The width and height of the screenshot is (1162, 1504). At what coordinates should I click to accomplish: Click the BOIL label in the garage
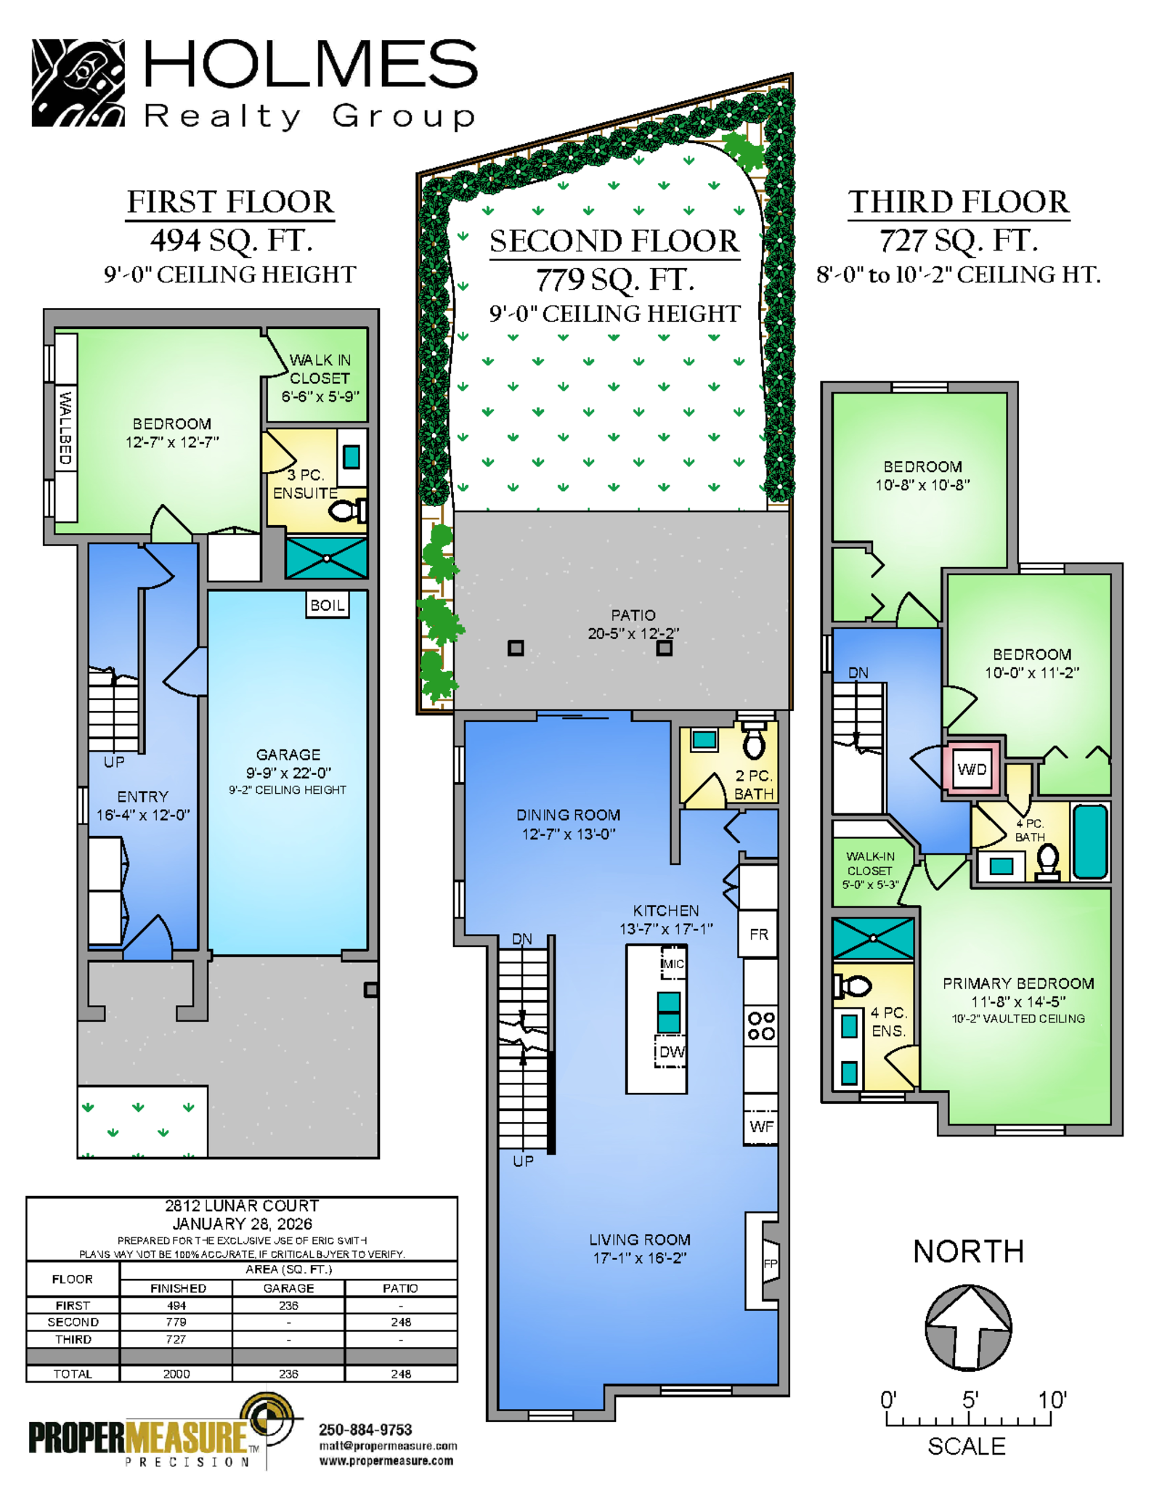[328, 605]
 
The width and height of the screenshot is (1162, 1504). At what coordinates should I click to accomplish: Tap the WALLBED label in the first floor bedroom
[65, 428]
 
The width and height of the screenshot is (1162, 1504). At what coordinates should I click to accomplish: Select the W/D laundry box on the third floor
[972, 769]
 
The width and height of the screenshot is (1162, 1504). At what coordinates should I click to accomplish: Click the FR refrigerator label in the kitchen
[759, 935]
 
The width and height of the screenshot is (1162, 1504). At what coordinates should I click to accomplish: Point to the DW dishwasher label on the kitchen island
[672, 1052]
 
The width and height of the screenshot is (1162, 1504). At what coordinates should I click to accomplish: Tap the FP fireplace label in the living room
[771, 1264]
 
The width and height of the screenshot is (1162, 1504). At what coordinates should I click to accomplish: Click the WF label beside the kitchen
[761, 1126]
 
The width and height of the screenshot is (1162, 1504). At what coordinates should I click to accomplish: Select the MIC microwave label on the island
[673, 964]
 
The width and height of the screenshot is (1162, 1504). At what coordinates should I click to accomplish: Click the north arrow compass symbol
[968, 1328]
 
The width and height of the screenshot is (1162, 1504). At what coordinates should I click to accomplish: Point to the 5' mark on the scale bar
[971, 1399]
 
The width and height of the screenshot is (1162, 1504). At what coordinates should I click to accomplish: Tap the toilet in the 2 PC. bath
[755, 740]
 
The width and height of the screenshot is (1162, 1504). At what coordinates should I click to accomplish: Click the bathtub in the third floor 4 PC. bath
[1090, 841]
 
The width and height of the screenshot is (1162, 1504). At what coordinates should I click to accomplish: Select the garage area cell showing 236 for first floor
[288, 1306]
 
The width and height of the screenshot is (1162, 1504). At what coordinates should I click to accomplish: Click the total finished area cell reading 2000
[176, 1374]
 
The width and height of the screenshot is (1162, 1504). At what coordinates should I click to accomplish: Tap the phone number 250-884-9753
[365, 1429]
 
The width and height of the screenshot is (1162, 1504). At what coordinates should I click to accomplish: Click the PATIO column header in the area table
[400, 1288]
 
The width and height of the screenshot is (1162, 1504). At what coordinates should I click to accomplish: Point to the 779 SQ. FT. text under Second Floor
[615, 280]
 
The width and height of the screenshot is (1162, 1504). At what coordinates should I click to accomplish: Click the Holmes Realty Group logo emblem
[78, 83]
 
